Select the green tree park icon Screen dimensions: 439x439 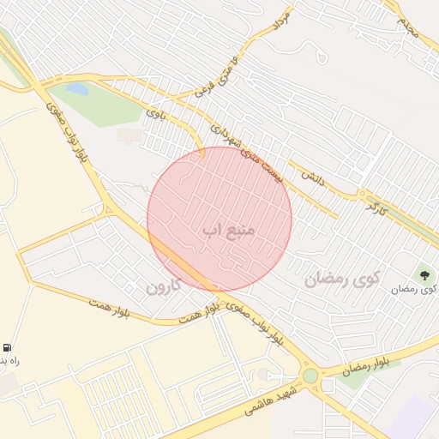(x=424, y=274)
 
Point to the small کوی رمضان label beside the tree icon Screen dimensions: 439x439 (x=413, y=289)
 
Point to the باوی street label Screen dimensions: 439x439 (x=154, y=112)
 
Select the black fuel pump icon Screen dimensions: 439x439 (x=8, y=348)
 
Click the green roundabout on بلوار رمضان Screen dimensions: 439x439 (x=310, y=376)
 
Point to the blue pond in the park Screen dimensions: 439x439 (x=77, y=88)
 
